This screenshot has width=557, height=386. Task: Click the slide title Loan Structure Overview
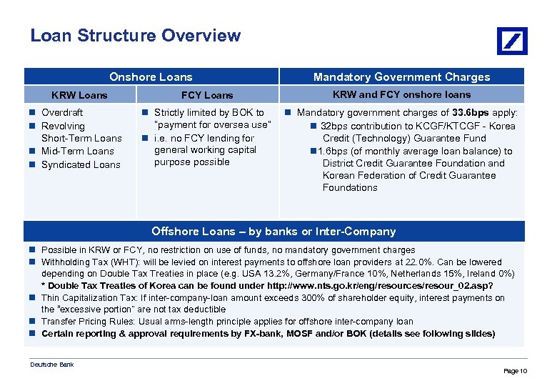(x=136, y=36)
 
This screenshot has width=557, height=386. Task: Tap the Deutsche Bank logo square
(x=512, y=41)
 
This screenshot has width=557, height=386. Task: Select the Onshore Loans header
(x=151, y=76)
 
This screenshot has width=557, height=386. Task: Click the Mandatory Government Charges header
(x=401, y=76)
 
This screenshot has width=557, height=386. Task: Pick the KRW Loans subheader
(x=80, y=95)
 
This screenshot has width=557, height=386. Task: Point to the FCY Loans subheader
(x=207, y=95)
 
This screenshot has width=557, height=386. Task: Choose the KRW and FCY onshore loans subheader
(x=402, y=94)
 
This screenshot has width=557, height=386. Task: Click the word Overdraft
(x=62, y=112)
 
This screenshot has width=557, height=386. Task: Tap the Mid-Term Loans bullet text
(x=77, y=151)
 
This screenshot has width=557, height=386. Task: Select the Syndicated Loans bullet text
(x=81, y=164)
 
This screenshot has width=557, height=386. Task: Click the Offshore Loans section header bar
(x=274, y=231)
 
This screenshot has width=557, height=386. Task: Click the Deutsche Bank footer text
(x=51, y=365)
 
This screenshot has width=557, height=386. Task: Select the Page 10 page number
(x=515, y=371)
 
